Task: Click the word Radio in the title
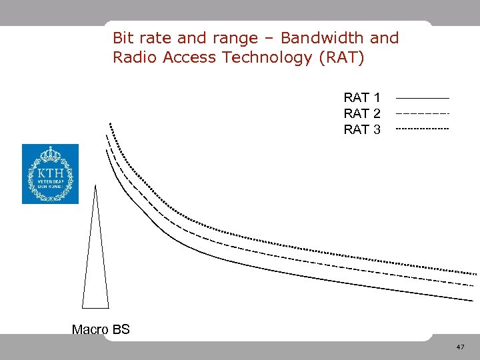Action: pyautogui.click(x=133, y=57)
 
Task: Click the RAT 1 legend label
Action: pyautogui.click(x=362, y=98)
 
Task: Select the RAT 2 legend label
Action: pyautogui.click(x=362, y=113)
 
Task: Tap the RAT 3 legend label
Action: pyautogui.click(x=362, y=129)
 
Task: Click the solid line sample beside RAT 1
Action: pyautogui.click(x=422, y=99)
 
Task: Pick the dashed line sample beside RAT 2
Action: pyautogui.click(x=422, y=113)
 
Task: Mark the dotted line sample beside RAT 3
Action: pyautogui.click(x=422, y=128)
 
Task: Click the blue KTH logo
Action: pyautogui.click(x=50, y=174)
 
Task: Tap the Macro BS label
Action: pyautogui.click(x=101, y=329)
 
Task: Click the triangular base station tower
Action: pyautogui.click(x=95, y=267)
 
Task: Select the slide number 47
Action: pyautogui.click(x=460, y=347)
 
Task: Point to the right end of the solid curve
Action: pyautogui.click(x=472, y=301)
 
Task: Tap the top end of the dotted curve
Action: pyautogui.click(x=110, y=124)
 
